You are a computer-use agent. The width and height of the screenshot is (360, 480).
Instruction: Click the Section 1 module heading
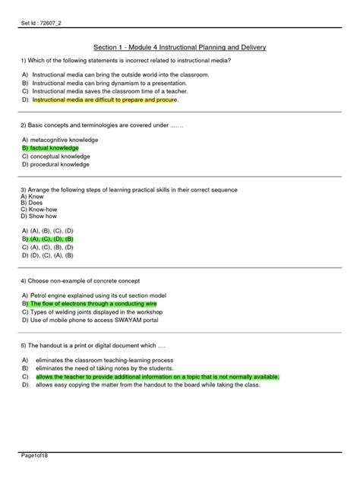coord(179,47)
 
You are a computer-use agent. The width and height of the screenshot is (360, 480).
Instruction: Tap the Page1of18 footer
coord(36,454)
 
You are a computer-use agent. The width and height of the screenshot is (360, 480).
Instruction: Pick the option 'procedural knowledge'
coord(59,164)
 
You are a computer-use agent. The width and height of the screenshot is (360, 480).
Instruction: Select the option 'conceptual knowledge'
coord(60,156)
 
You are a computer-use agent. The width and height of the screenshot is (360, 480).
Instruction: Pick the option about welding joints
coord(107,311)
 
